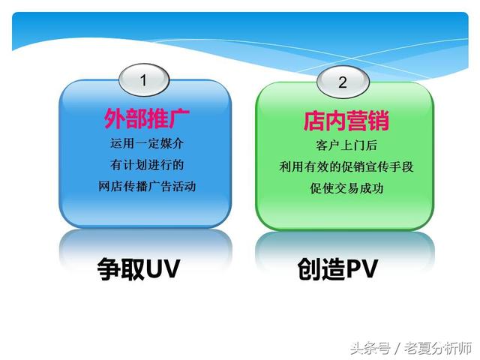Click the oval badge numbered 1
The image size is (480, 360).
(x=144, y=80)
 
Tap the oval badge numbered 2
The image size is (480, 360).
(x=343, y=82)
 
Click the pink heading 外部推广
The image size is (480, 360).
(x=147, y=118)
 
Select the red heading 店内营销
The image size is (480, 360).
(x=346, y=121)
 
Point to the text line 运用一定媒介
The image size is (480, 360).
(x=147, y=143)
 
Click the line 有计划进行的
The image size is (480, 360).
(x=147, y=165)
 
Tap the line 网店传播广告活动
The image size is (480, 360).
(x=147, y=186)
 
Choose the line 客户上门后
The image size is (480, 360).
(x=346, y=145)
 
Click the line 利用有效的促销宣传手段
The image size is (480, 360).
(x=346, y=166)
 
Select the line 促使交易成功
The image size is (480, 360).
(x=346, y=188)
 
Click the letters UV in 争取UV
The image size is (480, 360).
(x=163, y=268)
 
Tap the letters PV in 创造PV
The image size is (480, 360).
(x=361, y=268)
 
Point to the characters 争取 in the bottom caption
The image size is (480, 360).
(x=121, y=268)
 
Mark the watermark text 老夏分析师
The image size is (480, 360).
(x=438, y=348)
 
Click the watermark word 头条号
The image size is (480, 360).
(x=370, y=348)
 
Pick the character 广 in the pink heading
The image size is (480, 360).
(x=179, y=118)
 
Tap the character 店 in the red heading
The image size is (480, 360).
(x=314, y=121)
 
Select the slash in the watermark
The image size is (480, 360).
(x=397, y=348)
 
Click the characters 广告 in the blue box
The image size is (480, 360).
(x=159, y=186)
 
